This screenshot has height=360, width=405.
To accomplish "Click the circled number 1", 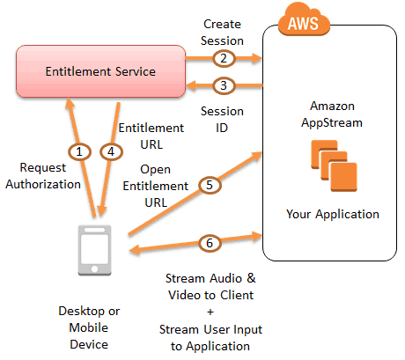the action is coord(79,151).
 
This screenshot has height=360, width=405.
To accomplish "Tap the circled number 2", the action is coord(224,58).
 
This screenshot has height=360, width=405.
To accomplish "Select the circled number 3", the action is coord(224,85).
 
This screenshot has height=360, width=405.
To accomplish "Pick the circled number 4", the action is coord(111,151).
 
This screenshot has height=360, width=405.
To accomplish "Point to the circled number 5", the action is coord(210,185).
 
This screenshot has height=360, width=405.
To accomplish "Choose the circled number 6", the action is coord(210,243).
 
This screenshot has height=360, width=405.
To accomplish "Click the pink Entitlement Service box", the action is coord(100,71).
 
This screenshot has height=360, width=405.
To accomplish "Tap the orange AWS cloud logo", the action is coord(304,20).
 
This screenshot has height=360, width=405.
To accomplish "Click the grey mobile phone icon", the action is coord(94,250).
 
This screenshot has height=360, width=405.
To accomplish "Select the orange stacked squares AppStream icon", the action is coord(334,165).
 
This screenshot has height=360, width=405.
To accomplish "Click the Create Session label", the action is coord(222,33).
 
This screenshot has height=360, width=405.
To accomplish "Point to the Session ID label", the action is coord(222,120).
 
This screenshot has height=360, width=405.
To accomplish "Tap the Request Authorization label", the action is coord(43,176).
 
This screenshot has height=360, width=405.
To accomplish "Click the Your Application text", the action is coord(333,214).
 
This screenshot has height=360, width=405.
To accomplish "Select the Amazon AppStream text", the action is coord(332,114).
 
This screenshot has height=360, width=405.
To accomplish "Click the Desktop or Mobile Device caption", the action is coord(89,327).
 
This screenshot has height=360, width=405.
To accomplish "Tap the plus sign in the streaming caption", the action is coord(210,312).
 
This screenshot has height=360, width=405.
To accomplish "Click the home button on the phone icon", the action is coord(94,268).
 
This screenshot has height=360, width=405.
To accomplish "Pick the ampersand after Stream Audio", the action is coord(251,278).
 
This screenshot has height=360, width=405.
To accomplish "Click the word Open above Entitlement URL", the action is coord(155,170).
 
